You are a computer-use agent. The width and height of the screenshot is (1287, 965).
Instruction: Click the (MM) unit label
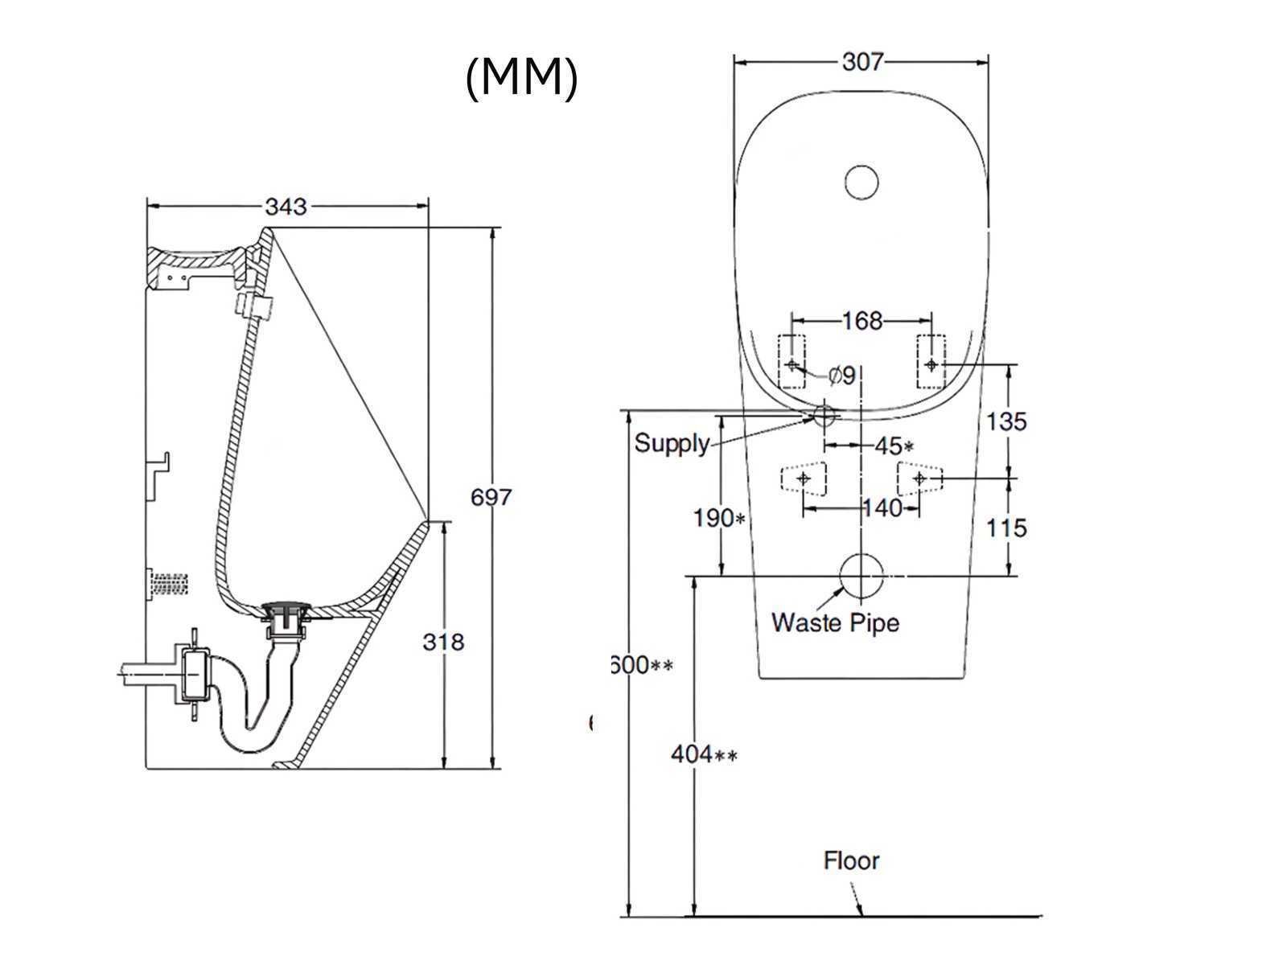[521, 78]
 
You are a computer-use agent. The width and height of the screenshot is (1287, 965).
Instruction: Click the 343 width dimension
[286, 207]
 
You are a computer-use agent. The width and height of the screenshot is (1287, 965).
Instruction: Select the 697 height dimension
[491, 498]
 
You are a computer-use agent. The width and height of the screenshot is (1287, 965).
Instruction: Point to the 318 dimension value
[443, 642]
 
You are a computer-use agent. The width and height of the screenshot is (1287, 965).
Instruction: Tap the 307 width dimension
[862, 61]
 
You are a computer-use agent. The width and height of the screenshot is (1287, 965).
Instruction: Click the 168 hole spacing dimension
[861, 321]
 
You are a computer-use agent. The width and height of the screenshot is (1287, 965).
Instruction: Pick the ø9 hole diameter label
[842, 375]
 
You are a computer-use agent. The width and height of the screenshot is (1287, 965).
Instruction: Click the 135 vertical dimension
[1005, 421]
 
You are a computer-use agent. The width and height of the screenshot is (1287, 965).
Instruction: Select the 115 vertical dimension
[1005, 528]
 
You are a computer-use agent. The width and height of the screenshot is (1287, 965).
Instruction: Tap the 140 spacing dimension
[882, 508]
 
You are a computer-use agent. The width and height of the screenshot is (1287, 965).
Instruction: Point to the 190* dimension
[719, 519]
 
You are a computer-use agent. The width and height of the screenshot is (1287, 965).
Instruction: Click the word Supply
[672, 443]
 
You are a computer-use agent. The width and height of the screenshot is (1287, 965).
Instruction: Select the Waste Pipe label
[835, 622]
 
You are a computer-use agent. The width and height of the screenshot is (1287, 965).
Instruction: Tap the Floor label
[851, 861]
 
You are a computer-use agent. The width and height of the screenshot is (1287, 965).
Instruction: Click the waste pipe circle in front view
[861, 577]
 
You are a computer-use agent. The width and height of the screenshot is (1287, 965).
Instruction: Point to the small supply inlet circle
[824, 415]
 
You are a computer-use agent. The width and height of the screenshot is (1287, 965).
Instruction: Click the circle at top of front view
[861, 182]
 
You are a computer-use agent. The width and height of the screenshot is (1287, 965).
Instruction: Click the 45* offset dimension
[894, 446]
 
